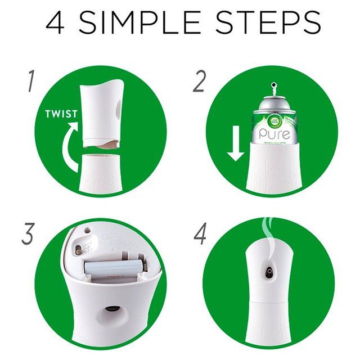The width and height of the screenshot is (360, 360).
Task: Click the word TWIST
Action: [61, 114]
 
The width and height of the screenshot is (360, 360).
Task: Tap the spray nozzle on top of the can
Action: [274, 89]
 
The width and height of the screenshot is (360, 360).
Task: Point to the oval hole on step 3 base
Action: [111, 310]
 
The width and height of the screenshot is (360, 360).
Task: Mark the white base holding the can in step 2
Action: [274, 169]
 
